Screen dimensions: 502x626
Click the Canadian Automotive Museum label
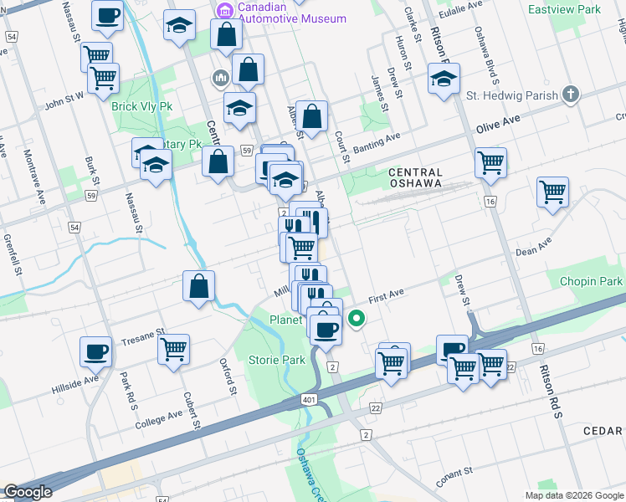pos(281,13)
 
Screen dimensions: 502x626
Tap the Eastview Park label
pos(564,9)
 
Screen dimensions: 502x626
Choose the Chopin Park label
pos(592,282)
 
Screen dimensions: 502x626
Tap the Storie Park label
pos(277,360)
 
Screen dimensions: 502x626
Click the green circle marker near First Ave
pos(357,318)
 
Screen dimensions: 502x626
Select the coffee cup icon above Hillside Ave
pos(95,351)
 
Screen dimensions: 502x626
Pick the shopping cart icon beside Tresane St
pos(174,349)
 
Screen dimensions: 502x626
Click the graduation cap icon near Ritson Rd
pos(444,80)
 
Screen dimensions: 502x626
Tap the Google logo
pos(28,492)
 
